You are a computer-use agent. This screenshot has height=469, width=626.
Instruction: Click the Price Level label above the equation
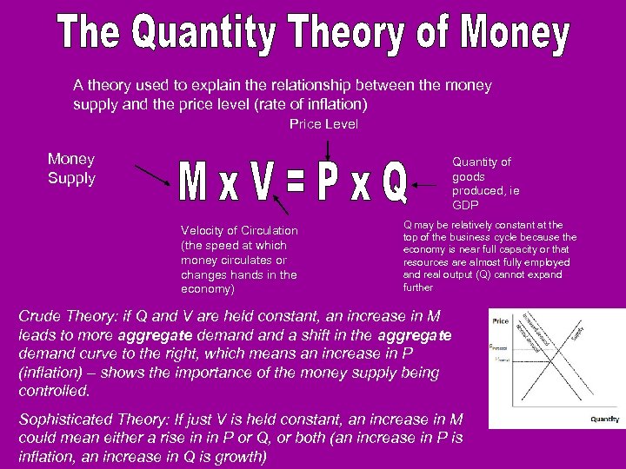click(323, 124)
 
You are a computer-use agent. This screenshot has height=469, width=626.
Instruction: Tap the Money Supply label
click(71, 168)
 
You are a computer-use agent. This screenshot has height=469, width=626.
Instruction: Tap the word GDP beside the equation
click(465, 205)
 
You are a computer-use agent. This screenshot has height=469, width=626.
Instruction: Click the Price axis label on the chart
click(501, 320)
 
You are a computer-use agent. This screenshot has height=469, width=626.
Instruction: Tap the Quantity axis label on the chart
click(605, 419)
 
